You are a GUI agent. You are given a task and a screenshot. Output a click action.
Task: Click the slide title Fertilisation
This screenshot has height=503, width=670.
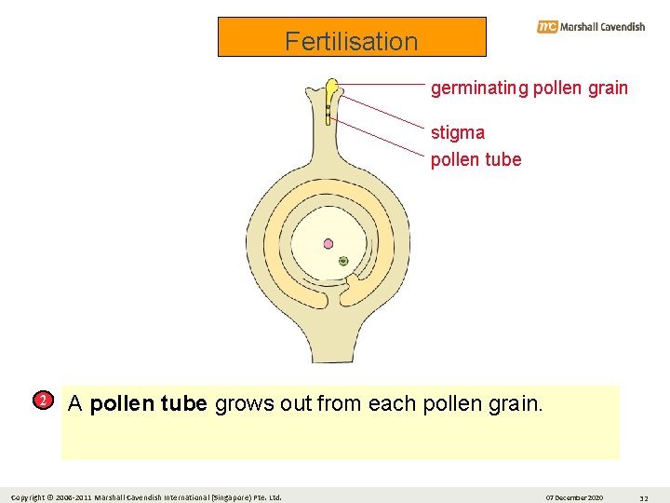[x=352, y=41]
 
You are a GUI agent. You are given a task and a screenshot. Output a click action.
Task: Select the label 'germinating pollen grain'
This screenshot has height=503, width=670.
[x=529, y=88]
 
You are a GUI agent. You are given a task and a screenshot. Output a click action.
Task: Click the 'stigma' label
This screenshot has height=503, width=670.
[x=457, y=132]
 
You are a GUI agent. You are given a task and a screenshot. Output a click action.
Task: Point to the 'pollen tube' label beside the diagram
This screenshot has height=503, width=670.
[x=476, y=159]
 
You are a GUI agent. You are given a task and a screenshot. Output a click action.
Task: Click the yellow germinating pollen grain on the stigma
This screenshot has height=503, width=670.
[x=330, y=91]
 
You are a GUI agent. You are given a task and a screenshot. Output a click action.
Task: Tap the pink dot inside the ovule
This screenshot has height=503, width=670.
[x=328, y=244]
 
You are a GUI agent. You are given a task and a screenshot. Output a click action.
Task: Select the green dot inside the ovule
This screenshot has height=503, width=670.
[x=343, y=262]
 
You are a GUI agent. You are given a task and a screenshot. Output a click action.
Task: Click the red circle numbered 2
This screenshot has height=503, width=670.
[x=42, y=401]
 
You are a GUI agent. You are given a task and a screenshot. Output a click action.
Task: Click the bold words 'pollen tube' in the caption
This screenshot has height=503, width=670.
[x=148, y=404]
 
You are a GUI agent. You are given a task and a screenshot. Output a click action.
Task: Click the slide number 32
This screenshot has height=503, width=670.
[x=643, y=497]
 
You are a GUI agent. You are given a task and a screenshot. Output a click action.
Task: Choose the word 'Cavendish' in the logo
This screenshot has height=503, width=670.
[x=614, y=27]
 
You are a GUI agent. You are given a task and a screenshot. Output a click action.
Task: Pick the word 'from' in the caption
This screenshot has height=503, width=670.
[x=340, y=404]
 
